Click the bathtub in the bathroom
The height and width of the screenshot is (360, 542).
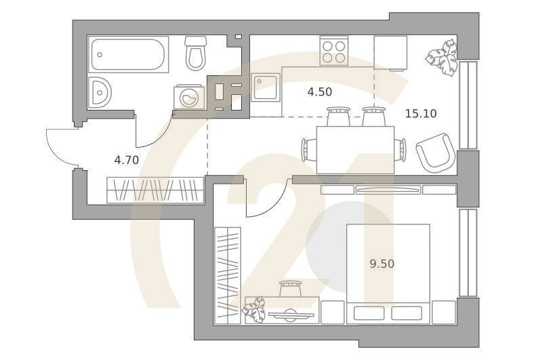coord(129,55)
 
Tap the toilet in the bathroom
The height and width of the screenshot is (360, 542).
coord(196,54)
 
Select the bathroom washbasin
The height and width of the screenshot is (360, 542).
coord(99,92)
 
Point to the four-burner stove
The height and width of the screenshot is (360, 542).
coord(334,52)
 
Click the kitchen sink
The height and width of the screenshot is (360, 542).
coord(265,87)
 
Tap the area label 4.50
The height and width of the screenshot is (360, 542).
coord(319,92)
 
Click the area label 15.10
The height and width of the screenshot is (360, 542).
coord(421,113)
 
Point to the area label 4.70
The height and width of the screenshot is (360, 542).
coord(126,160)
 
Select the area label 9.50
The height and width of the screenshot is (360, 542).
coord(381,263)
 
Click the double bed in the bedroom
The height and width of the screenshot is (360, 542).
coord(388,271)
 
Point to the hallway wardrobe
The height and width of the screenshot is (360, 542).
coord(155,190)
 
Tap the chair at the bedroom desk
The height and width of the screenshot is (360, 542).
coord(290,289)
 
